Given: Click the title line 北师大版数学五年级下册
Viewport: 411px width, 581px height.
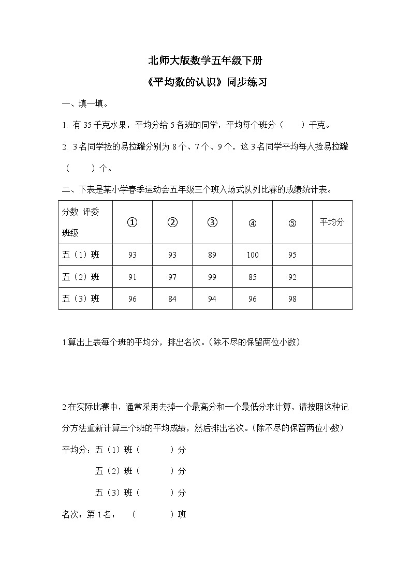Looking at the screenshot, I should (x=205, y=61).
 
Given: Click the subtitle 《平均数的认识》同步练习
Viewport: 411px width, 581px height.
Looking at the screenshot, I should (x=205, y=82).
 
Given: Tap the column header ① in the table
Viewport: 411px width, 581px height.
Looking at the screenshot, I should (x=132, y=223).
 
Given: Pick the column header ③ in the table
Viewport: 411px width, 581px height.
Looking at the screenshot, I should (x=212, y=223).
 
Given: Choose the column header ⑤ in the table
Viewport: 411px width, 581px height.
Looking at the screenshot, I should (x=292, y=224).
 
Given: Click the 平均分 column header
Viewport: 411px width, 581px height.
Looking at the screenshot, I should (x=332, y=222).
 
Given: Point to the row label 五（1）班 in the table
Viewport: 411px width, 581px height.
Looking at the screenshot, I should (x=81, y=255).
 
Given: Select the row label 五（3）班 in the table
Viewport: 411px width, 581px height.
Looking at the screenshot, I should (x=81, y=299).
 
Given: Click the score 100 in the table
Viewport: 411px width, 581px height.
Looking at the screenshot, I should (x=253, y=255).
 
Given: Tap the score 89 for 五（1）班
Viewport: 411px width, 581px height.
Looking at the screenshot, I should (x=212, y=255).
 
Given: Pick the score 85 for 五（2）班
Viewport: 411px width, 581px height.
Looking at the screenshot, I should (x=253, y=277).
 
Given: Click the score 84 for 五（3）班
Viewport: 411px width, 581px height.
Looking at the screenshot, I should (x=172, y=299).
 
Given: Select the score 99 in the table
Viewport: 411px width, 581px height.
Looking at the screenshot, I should (x=212, y=277).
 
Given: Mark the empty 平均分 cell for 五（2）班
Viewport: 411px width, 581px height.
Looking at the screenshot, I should (x=332, y=277).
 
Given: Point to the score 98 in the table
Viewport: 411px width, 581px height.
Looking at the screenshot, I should (x=292, y=299).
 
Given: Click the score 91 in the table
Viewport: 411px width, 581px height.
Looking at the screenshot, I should (x=132, y=277).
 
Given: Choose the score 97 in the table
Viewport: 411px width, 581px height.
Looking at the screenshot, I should (x=172, y=277).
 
